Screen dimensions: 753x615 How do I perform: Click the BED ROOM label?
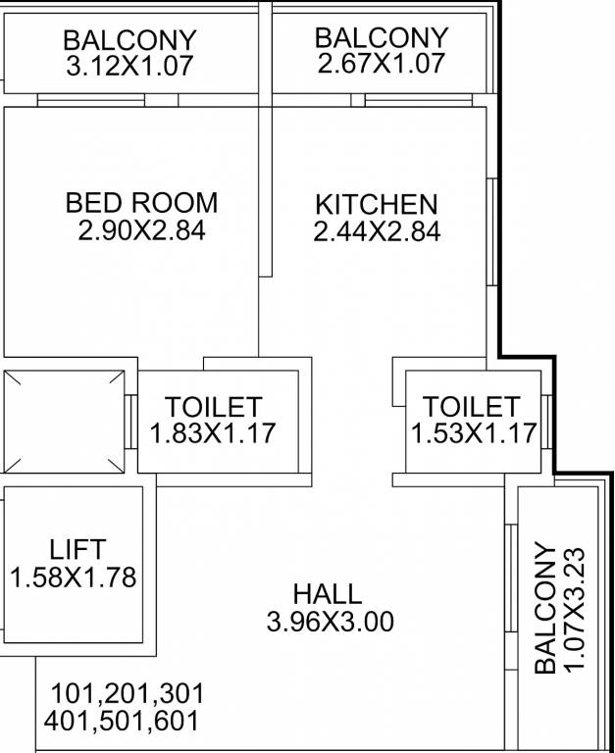[141, 203]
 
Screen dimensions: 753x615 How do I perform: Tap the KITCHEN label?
[376, 205]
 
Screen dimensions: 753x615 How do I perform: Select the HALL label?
[327, 593]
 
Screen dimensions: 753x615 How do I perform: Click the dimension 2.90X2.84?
[141, 231]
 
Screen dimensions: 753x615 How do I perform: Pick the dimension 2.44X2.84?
[377, 232]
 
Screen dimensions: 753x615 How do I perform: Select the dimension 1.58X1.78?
[74, 577]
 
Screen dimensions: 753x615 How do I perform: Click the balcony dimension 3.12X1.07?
[129, 67]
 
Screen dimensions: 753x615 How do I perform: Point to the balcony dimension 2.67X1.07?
[382, 64]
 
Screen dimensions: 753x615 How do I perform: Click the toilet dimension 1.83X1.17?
[213, 432]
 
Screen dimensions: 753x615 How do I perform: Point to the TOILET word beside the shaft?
[213, 406]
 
